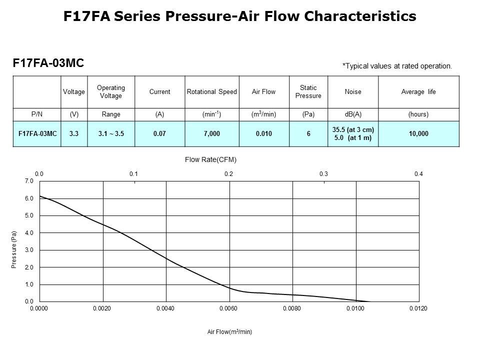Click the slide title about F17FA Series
click(x=240, y=16)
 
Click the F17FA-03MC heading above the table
click(x=48, y=63)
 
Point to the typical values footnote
click(x=397, y=65)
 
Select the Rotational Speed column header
click(x=211, y=92)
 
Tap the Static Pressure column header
click(x=308, y=92)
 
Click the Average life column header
click(x=418, y=92)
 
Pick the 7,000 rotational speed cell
click(x=211, y=134)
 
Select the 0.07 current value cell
click(x=159, y=134)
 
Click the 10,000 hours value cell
click(x=418, y=134)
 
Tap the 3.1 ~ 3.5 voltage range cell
click(x=110, y=134)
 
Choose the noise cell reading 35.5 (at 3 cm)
click(x=353, y=130)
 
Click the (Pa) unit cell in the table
click(x=308, y=114)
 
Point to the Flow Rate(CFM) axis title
click(x=210, y=160)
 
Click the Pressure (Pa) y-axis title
click(x=14, y=249)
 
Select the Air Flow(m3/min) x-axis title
click(x=229, y=332)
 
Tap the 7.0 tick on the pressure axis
click(x=29, y=181)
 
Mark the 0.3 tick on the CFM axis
click(x=323, y=174)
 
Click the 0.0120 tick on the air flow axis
click(x=418, y=309)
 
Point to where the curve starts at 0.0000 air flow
click(x=40, y=196)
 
